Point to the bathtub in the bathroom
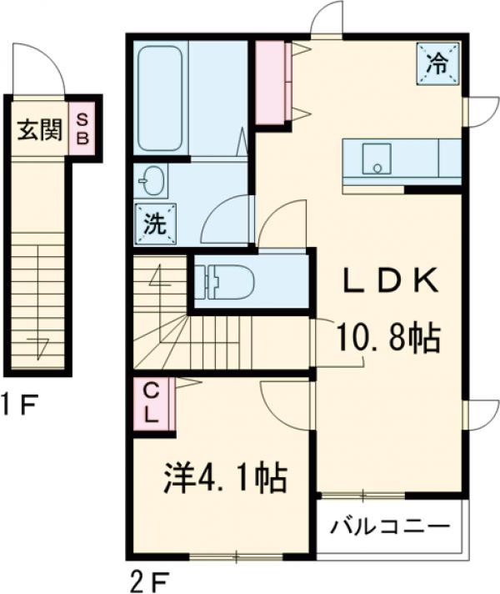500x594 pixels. pyautogui.click(x=160, y=97)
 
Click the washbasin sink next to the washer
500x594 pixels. pyautogui.click(x=151, y=179)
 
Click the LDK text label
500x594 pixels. pyautogui.click(x=391, y=282)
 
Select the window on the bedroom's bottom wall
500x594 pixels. pyautogui.click(x=226, y=555)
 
